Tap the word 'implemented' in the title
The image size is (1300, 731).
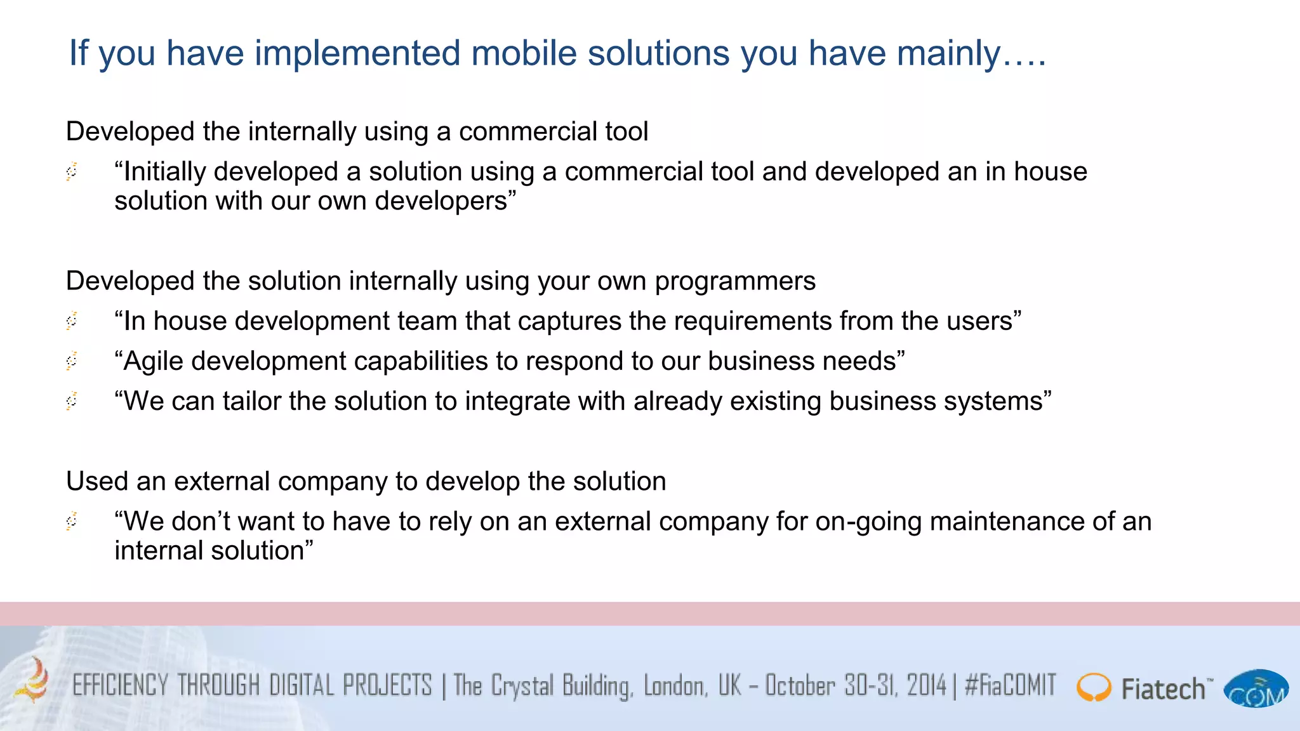(357, 53)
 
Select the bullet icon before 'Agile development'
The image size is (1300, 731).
(72, 361)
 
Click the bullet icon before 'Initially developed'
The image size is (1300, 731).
(72, 171)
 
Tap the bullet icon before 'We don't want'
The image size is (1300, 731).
(72, 521)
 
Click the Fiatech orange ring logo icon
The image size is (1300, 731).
(1093, 688)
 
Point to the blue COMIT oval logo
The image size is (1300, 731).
(1256, 689)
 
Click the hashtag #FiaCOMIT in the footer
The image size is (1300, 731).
(1010, 686)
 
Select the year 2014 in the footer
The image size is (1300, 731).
(927, 686)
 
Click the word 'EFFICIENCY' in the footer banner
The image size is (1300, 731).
(121, 686)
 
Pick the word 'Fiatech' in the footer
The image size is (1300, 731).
(1163, 689)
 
